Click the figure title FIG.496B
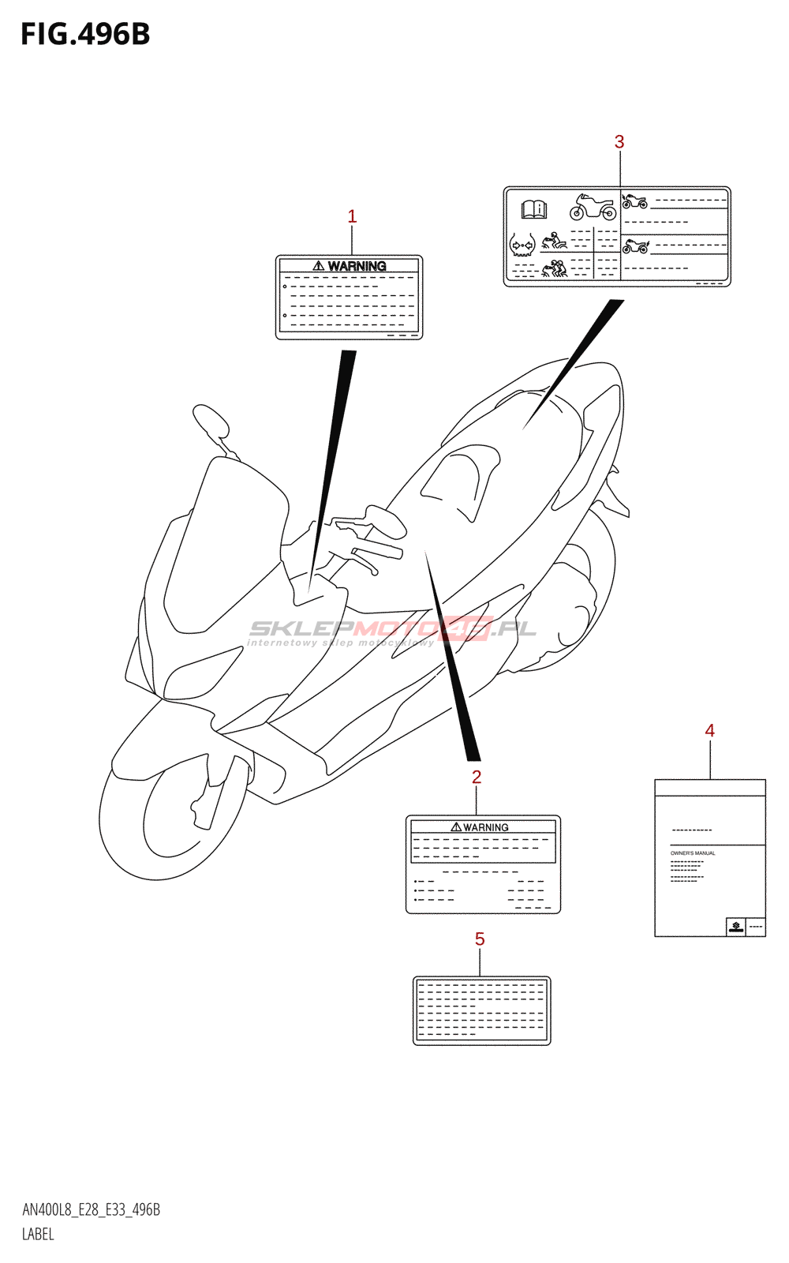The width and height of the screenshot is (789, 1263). click(x=85, y=35)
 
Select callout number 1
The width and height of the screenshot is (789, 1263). click(x=352, y=216)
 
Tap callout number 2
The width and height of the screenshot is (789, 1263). click(x=477, y=777)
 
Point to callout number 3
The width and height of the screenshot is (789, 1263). click(x=619, y=142)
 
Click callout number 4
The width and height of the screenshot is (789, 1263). click(x=710, y=731)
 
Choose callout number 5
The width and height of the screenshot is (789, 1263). click(x=480, y=939)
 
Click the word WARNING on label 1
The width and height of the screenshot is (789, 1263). click(x=357, y=267)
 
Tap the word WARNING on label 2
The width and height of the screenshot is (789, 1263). click(x=485, y=827)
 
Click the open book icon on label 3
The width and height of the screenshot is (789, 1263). click(x=534, y=209)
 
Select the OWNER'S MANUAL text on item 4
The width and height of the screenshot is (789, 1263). click(x=693, y=853)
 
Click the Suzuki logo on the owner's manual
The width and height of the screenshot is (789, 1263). click(x=736, y=927)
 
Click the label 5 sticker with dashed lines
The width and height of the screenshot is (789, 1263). click(x=481, y=1010)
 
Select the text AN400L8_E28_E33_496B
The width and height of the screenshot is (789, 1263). click(x=92, y=1210)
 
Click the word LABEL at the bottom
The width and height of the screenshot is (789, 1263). click(x=38, y=1235)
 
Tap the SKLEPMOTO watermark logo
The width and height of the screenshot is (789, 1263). click(x=392, y=629)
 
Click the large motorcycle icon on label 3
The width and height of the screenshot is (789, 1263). click(x=593, y=208)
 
